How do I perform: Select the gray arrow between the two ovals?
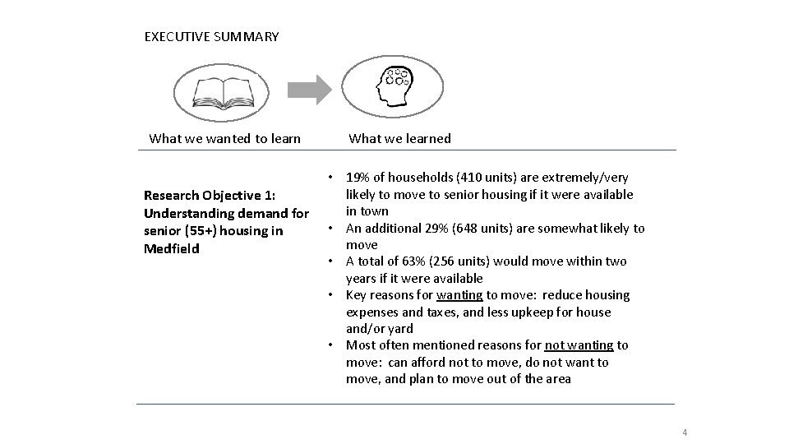click(311, 89)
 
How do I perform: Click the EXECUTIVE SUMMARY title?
click(211, 37)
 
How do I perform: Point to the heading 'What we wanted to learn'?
click(224, 138)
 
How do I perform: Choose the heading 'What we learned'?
click(400, 138)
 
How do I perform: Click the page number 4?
click(684, 432)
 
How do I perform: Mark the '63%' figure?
click(407, 261)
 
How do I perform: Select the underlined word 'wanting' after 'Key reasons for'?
click(459, 295)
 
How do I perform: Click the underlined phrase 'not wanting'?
click(579, 345)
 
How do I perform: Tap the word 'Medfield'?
click(171, 248)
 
